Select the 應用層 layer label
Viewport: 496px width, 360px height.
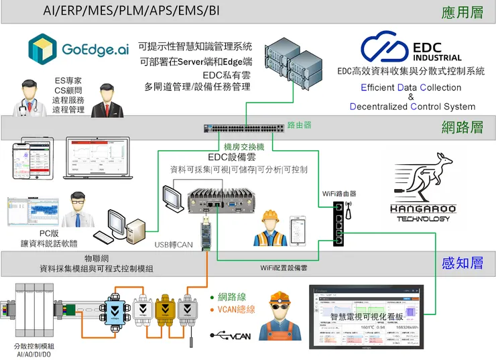click(462, 13)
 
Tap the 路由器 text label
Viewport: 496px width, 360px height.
click(299, 125)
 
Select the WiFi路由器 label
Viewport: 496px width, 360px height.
click(339, 194)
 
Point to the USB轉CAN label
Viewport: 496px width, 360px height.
click(174, 245)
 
